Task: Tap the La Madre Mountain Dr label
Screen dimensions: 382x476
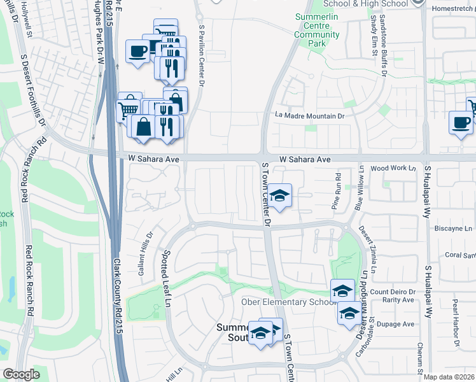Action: pos(309,116)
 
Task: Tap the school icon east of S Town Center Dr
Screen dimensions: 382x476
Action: pos(279,195)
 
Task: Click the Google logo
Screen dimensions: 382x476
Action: pos(21,374)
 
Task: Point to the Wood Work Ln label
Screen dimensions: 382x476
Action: pos(393,168)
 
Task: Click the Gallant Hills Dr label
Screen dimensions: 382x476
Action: pos(144,253)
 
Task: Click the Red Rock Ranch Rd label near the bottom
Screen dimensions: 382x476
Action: pos(29,283)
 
